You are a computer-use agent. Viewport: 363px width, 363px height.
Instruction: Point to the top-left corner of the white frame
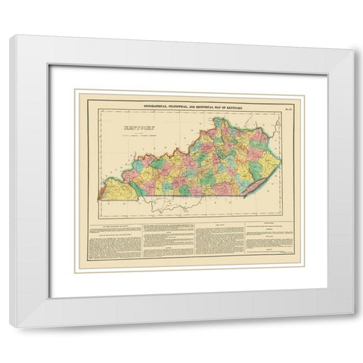point(13,38)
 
